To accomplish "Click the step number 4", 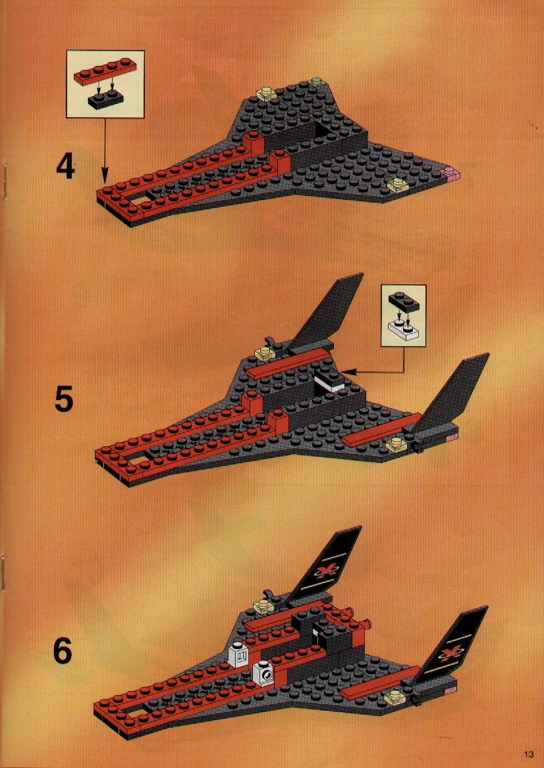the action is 66,166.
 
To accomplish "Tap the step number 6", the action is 63,650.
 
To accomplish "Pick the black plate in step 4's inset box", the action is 105,99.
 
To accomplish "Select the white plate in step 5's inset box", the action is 403,331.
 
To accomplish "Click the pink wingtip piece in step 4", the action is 450,172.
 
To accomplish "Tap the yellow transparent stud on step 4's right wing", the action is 396,185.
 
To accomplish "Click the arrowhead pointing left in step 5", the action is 348,372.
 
